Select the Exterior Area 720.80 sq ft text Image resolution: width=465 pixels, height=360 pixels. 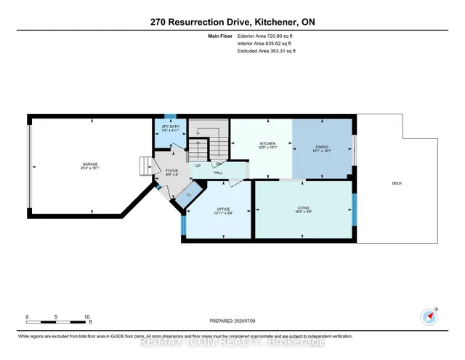267,36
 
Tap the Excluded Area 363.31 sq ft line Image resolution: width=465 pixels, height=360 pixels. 267,52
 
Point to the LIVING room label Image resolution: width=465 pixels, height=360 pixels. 303,208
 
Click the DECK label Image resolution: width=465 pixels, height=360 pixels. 397,183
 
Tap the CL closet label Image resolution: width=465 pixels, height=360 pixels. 189,194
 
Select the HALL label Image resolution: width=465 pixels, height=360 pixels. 217,173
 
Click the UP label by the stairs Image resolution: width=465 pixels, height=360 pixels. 198,166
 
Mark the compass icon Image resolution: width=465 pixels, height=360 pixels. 430,316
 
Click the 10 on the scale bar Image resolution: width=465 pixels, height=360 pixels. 87,317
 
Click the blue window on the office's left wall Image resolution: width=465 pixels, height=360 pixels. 183,225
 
